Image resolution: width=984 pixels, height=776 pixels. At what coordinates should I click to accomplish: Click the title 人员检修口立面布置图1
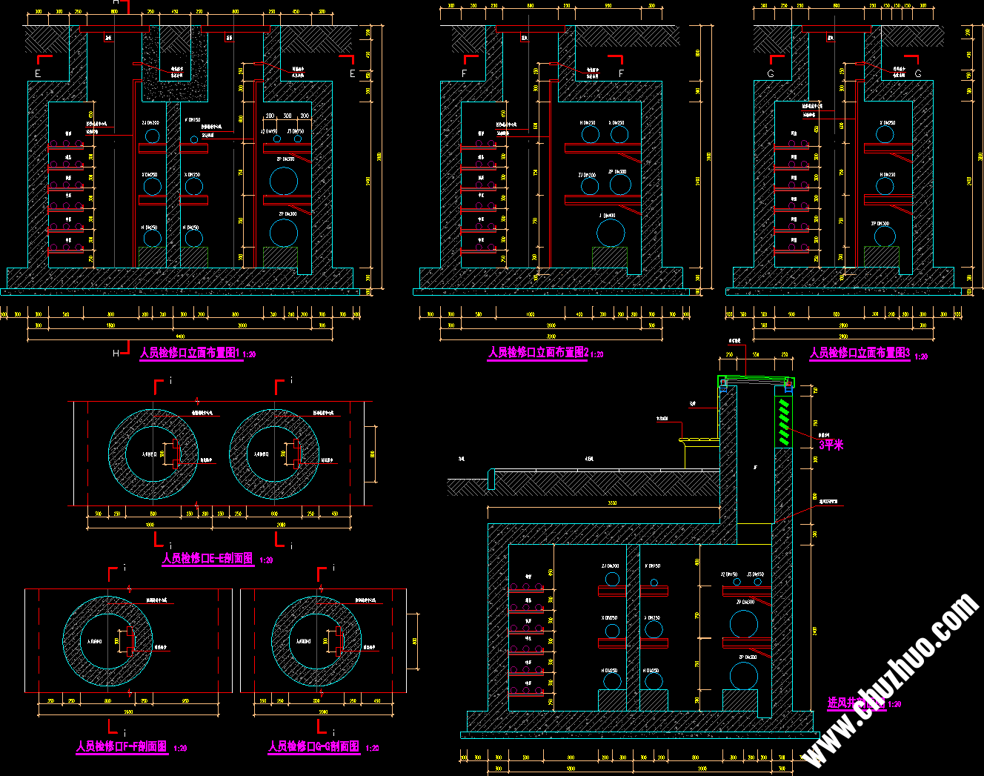click(190, 354)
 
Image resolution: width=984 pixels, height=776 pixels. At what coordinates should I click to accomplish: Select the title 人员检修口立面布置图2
click(538, 353)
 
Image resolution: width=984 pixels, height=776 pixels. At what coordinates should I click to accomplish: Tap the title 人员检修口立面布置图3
click(860, 354)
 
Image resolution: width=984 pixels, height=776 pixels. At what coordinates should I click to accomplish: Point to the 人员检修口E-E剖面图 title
click(207, 559)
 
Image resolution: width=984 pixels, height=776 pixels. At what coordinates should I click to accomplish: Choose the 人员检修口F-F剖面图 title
click(122, 747)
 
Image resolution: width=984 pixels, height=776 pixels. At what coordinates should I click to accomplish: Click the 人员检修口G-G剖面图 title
click(314, 747)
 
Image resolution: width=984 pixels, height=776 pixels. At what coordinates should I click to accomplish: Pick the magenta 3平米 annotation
click(831, 445)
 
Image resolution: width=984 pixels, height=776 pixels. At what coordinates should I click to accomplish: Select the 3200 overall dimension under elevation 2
click(551, 336)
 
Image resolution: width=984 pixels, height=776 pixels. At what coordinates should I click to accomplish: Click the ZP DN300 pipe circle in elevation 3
click(885, 236)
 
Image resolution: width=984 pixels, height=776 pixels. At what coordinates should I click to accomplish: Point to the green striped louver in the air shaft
click(784, 422)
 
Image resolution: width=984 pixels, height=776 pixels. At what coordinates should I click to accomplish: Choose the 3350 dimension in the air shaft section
click(611, 504)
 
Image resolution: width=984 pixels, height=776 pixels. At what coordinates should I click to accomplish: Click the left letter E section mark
click(38, 74)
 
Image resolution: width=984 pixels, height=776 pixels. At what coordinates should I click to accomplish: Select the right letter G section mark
click(918, 74)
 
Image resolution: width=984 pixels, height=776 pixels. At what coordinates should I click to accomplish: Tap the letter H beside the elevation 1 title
click(116, 354)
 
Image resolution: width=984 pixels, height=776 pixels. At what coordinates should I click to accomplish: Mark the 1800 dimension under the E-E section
click(150, 525)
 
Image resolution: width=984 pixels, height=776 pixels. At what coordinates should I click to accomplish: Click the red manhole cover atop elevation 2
click(530, 29)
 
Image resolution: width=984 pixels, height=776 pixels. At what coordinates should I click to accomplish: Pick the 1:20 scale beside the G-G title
click(372, 749)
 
